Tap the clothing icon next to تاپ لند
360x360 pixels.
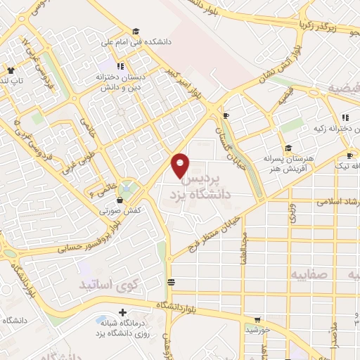(x=11, y=70)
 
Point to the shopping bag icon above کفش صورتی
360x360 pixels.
(x=121, y=200)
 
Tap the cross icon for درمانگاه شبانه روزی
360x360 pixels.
(x=124, y=311)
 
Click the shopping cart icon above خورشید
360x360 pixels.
(x=259, y=319)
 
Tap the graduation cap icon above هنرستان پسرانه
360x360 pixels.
(x=288, y=148)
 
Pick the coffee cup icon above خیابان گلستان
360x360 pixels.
(x=225, y=115)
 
